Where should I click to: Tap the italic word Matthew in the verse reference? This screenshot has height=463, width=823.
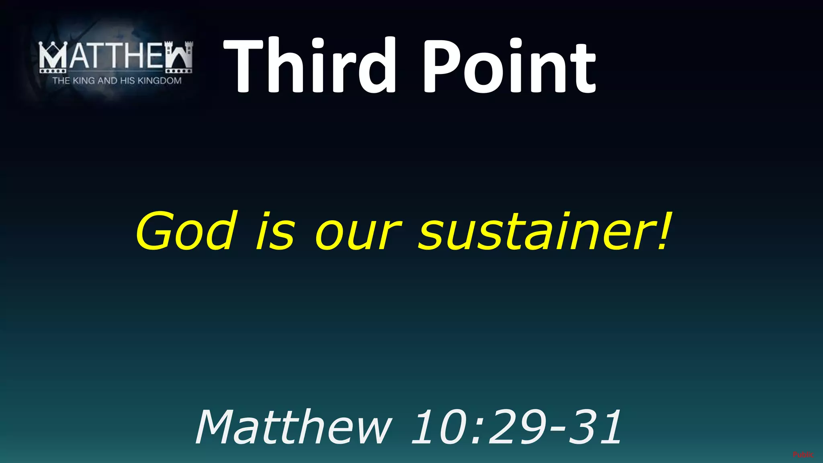point(293,427)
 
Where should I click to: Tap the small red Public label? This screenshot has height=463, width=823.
point(803,455)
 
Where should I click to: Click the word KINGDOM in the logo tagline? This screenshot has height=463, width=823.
point(160,81)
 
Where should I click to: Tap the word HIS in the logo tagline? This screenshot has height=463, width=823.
point(127,81)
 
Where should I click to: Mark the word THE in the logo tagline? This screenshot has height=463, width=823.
point(61,81)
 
